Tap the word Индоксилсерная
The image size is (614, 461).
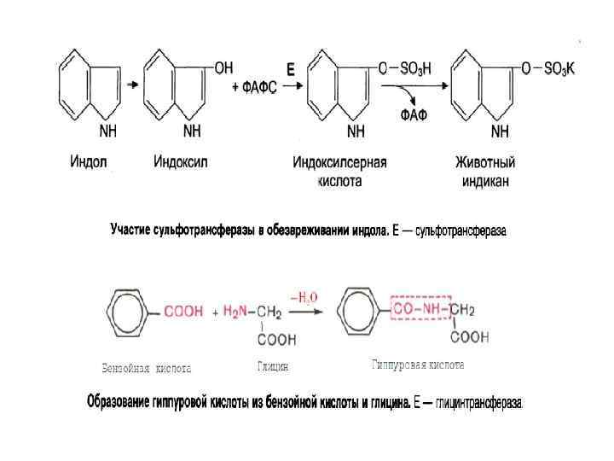[x=339, y=161]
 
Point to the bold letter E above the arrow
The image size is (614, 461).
[x=290, y=72]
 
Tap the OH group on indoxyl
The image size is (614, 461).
[x=223, y=66]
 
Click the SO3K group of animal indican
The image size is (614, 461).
[x=559, y=69]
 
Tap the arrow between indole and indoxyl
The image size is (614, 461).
[x=132, y=85]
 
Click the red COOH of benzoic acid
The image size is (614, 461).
[x=183, y=312]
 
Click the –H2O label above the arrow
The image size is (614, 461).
[x=304, y=296]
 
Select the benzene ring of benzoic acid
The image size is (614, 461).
[x=128, y=312]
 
